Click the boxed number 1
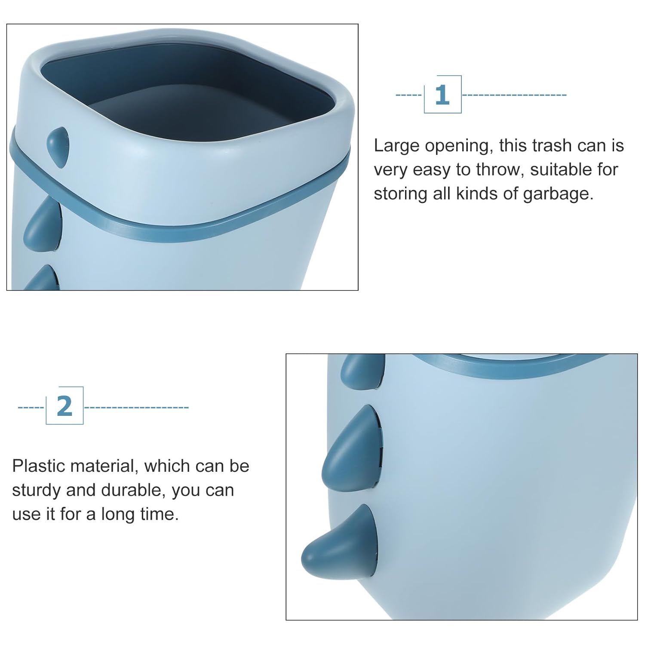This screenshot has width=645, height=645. (442, 95)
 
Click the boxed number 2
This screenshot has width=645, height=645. (64, 406)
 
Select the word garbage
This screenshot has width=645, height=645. (558, 194)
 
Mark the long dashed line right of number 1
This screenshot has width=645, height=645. (514, 95)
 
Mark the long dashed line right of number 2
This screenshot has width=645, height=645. (136, 407)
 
